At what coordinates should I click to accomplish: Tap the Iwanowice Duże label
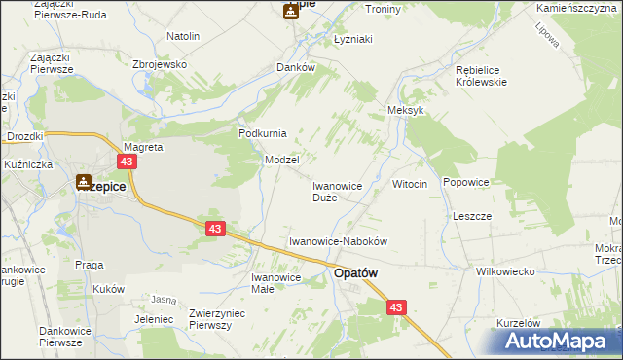pos(337,191)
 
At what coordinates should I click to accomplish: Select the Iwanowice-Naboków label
pos(339,240)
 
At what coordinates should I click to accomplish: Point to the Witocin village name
pos(410,185)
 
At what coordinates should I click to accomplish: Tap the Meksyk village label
pos(406,111)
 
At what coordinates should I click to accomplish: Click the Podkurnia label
pos(263,133)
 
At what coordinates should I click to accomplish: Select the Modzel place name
pos(281,159)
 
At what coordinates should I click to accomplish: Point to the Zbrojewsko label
pos(160,64)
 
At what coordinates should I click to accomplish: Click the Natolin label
pos(183,36)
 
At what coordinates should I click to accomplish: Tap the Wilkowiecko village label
pos(505,272)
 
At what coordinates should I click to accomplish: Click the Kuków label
pos(110,289)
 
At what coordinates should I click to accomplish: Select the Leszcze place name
pos(472,215)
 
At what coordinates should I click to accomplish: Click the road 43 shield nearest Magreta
pos(128,162)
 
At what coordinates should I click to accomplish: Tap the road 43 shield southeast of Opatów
pos(394,307)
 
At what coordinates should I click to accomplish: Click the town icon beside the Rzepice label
pos(84,180)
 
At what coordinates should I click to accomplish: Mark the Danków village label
pos(296,68)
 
